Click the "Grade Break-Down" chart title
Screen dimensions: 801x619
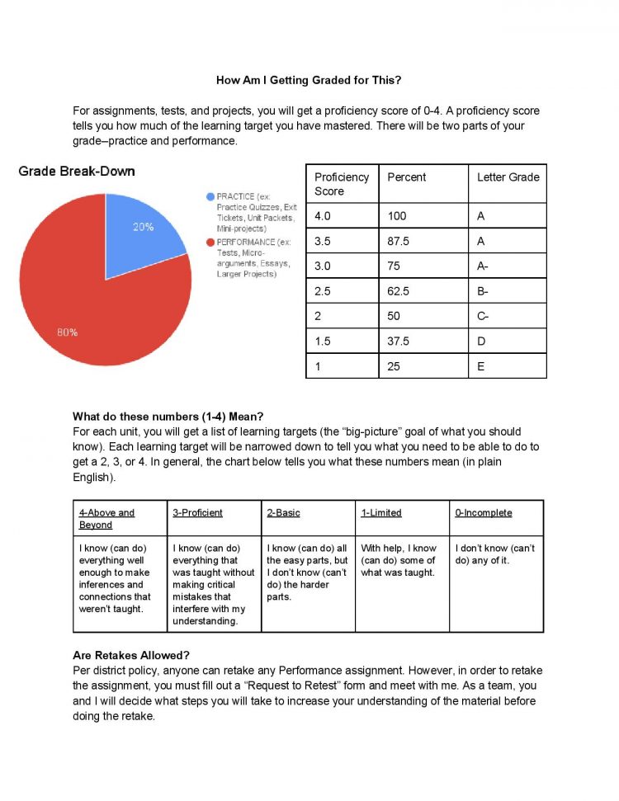(x=77, y=172)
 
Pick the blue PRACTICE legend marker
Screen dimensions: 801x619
(x=210, y=196)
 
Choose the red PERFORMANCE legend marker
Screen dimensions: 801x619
(x=210, y=243)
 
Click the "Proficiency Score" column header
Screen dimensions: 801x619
(x=342, y=184)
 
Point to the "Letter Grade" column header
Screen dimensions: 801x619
(x=508, y=177)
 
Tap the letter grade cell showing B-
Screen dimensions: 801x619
(x=483, y=291)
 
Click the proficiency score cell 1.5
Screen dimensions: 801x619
(x=324, y=341)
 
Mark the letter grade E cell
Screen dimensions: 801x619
(x=481, y=365)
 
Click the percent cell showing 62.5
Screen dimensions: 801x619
(x=399, y=291)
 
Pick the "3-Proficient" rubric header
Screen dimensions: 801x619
(x=197, y=512)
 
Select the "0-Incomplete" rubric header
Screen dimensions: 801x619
(x=483, y=512)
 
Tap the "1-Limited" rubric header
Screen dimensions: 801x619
(x=380, y=512)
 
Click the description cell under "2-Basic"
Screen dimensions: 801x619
(x=307, y=572)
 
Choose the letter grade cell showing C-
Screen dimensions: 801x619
(x=483, y=316)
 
